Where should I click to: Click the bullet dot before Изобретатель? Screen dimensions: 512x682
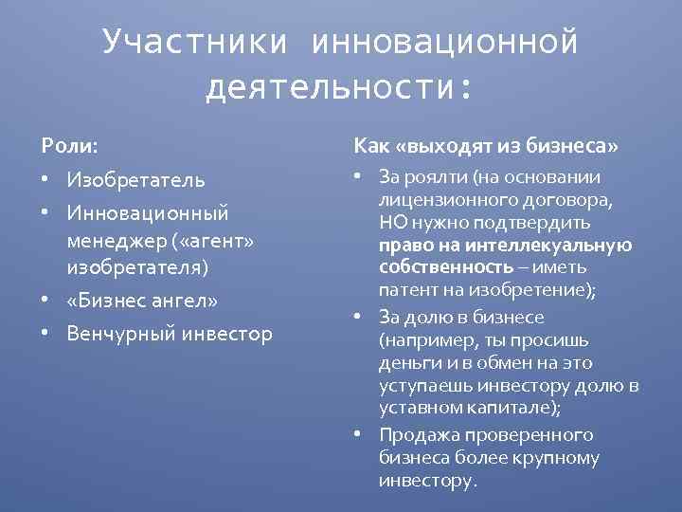point(45,180)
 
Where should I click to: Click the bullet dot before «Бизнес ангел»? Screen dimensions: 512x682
point(45,302)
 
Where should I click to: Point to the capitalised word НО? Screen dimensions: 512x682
point(394,224)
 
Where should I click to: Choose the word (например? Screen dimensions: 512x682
point(426,339)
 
